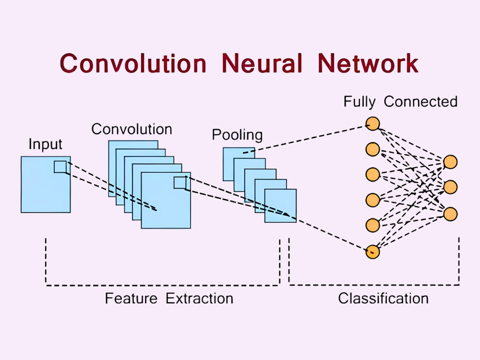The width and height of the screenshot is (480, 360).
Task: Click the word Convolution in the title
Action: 134,64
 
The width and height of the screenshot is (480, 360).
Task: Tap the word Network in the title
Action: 368,64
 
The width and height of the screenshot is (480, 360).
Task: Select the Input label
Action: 46,144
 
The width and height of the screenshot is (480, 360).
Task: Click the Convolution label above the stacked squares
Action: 132,129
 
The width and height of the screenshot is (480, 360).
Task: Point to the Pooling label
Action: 237,135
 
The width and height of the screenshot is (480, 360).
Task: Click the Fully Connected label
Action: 400,102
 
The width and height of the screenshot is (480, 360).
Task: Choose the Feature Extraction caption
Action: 169,299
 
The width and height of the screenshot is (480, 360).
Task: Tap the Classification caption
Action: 383,299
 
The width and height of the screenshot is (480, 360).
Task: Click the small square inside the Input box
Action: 60,167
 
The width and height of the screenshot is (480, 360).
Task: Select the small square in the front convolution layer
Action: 180,182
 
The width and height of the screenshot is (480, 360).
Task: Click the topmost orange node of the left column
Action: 372,124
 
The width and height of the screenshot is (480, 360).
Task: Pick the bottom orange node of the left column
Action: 372,252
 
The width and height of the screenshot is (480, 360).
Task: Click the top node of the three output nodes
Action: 450,162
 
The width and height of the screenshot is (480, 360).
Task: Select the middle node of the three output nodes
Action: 450,188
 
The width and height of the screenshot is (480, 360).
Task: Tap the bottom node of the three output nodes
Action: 450,214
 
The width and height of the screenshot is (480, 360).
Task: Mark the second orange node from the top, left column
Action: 372,149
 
